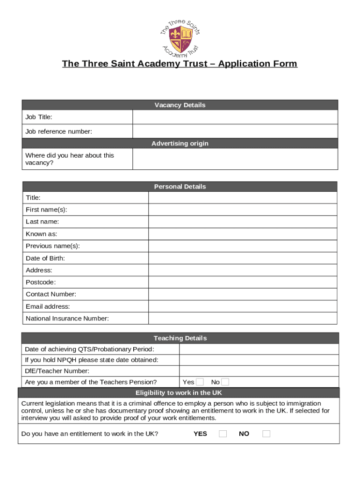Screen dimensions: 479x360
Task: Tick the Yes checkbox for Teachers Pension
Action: [200, 382]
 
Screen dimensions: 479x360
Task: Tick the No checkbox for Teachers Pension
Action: [225, 382]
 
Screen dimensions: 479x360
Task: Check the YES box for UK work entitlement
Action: [223, 434]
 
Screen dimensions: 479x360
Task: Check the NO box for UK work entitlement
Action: [266, 434]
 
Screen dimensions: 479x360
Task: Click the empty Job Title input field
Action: [235, 117]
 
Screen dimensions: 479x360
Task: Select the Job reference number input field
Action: [235, 131]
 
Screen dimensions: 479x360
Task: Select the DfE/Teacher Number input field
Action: [259, 371]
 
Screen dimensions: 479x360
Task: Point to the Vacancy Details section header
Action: [180, 105]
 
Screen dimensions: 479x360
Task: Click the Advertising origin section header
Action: [180, 144]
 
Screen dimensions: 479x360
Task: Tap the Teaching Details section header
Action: [180, 338]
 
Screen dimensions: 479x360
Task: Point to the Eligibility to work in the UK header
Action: [179, 393]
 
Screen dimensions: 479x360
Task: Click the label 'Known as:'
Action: [42, 234]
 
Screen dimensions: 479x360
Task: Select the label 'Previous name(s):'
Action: [52, 246]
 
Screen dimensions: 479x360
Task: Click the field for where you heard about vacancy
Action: [235, 159]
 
